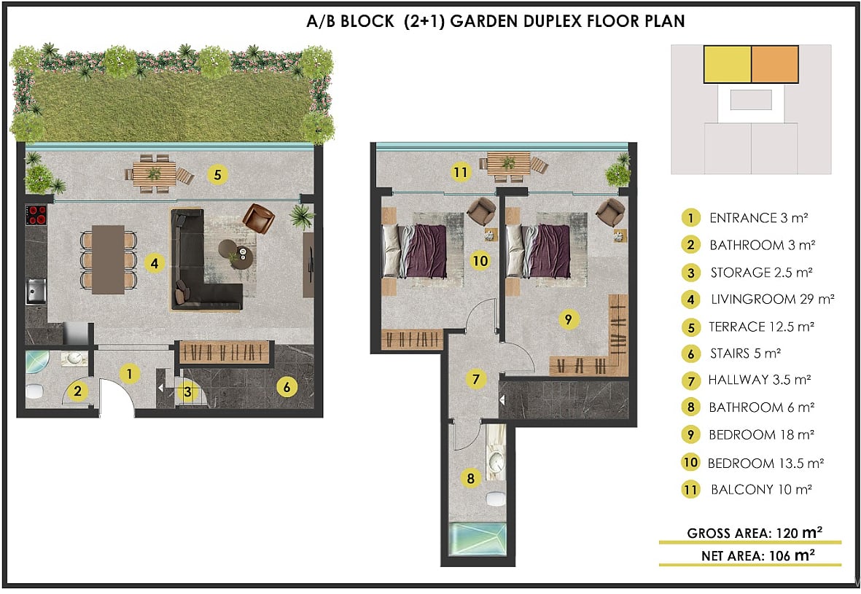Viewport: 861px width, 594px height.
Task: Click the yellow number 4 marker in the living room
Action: tap(155, 264)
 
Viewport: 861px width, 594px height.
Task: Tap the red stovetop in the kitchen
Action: tap(36, 215)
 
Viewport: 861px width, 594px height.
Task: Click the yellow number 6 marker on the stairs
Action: tap(287, 387)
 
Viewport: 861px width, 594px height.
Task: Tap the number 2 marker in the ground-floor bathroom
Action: tap(78, 391)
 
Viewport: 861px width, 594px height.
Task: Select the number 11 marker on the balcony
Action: tap(460, 173)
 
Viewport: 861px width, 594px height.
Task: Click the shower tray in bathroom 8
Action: tap(478, 539)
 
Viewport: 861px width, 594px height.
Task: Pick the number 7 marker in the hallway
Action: tap(475, 379)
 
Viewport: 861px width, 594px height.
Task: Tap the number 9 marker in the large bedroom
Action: tap(569, 319)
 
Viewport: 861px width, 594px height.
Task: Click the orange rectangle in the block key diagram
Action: tap(774, 64)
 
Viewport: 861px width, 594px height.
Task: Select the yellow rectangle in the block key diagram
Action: tap(728, 64)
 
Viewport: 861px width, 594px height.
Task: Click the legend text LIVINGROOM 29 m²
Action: tap(773, 300)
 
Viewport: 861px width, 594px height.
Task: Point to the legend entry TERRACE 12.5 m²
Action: tap(761, 327)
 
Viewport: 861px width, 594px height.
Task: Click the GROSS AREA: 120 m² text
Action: tap(755, 533)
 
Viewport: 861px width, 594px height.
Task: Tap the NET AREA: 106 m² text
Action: tap(757, 555)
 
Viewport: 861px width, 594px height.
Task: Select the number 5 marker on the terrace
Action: tap(218, 175)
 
